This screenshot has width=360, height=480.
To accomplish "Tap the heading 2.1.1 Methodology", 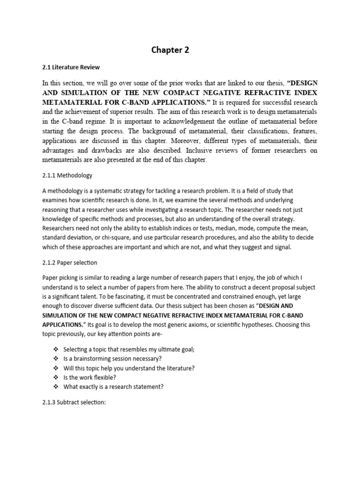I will (x=67, y=175).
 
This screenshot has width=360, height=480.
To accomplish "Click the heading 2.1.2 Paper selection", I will (x=69, y=262).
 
